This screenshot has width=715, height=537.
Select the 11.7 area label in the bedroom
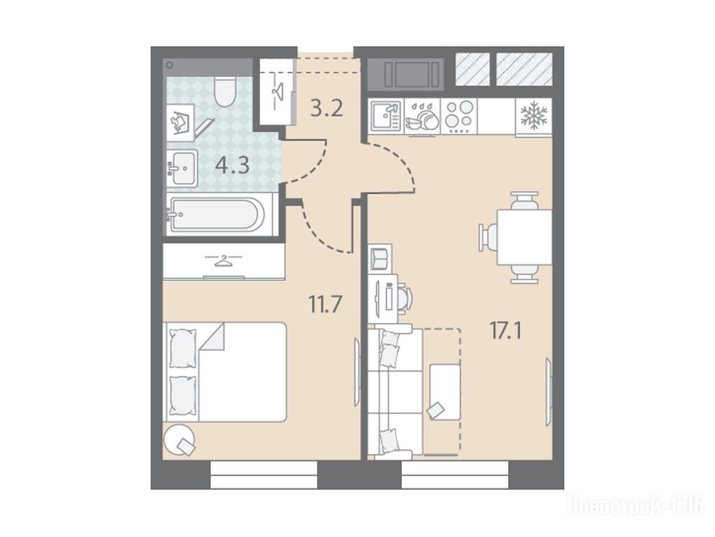pos(325,304)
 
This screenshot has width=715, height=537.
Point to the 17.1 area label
pos(506,330)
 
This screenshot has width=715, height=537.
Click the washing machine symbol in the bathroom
pos(180,122)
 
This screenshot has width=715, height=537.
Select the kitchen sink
pos(386,116)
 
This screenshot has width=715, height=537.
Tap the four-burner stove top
pos(459,117)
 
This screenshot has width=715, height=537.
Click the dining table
pos(524,237)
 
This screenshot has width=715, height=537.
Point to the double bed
pos(225,372)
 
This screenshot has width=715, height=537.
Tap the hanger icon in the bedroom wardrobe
pos(223,262)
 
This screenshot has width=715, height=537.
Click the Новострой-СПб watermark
pos(635,506)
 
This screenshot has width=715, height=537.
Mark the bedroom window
pos(264,475)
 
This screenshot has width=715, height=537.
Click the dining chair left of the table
pos(487,237)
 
